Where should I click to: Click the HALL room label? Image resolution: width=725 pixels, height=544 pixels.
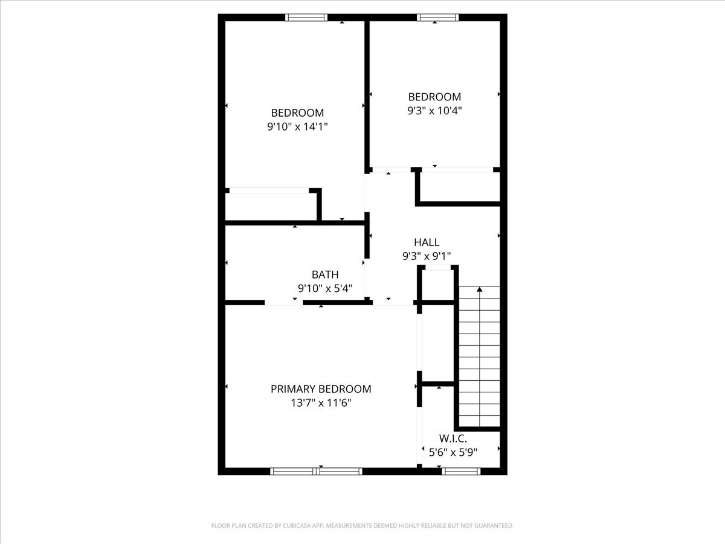pos(427,242)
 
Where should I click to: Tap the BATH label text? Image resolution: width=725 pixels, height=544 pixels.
pos(325,275)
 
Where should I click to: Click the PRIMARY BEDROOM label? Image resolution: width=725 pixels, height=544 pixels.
pos(321,389)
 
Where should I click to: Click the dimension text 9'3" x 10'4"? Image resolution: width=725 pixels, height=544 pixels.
pos(434,110)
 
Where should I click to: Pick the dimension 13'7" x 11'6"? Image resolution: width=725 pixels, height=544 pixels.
pos(321,403)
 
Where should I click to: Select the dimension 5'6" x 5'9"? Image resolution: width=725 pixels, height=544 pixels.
pos(453,452)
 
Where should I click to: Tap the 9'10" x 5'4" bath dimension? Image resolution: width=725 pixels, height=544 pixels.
pos(325,288)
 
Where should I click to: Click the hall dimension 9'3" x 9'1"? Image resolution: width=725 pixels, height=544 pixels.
pos(427,256)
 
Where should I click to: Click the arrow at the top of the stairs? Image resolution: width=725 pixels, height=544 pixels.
pos(480,290)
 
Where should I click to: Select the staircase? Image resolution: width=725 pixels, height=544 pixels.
pos(480,357)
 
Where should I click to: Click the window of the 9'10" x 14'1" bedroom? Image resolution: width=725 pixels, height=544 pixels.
pos(306,18)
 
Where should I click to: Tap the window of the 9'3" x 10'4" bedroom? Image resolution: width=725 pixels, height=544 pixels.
pos(437,18)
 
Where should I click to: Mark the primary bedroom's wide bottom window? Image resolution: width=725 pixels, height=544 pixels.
pos(316,471)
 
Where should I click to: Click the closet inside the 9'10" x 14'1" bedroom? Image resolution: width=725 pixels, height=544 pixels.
pos(271,207)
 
